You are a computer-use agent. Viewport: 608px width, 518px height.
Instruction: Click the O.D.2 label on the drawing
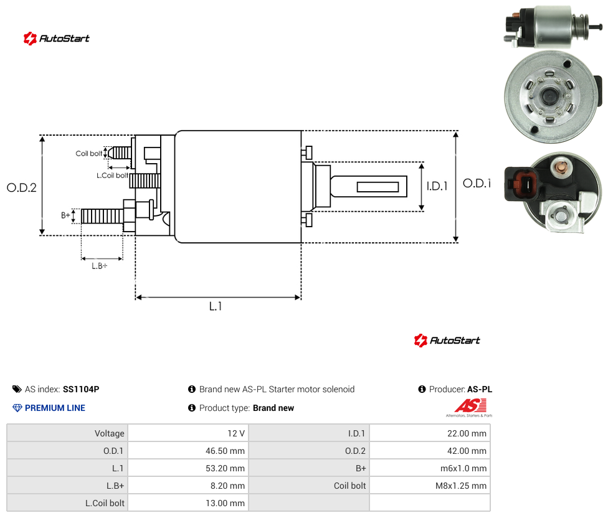22,187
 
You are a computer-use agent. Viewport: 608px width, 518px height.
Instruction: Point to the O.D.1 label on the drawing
477,183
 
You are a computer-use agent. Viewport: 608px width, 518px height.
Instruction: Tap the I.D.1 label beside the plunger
437,186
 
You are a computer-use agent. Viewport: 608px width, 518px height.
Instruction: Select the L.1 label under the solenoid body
216,306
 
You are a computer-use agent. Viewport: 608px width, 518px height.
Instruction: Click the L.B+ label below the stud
100,266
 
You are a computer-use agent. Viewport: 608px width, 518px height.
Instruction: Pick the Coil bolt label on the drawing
89,153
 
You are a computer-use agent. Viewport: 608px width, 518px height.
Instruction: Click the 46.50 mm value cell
225,451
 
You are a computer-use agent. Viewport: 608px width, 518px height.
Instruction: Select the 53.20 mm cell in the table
225,468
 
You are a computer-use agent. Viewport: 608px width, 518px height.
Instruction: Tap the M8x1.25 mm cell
460,486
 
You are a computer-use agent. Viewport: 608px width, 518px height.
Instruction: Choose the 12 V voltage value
235,433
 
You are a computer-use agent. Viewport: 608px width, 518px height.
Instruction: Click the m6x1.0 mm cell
463,468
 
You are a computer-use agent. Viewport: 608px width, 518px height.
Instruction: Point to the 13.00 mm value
225,503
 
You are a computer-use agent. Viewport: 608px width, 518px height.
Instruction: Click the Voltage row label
110,433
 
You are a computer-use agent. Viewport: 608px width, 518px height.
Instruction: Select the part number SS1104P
81,389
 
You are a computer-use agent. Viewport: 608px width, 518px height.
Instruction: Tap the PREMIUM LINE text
55,408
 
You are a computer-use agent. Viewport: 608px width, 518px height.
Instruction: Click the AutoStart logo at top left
57,39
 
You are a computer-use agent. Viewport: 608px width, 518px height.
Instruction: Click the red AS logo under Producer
471,406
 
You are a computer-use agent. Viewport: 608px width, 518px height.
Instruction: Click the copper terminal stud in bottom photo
560,167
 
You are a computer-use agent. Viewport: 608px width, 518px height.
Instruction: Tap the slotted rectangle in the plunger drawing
378,187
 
